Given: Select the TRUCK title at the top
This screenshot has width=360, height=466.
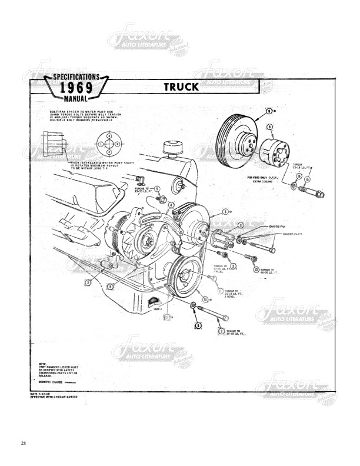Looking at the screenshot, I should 182,87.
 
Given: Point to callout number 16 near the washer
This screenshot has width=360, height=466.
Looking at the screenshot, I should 299,176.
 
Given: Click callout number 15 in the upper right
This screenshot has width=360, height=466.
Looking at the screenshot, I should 306,178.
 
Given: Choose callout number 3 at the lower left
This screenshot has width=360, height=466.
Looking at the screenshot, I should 87,282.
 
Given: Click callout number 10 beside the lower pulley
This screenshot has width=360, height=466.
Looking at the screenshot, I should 204,299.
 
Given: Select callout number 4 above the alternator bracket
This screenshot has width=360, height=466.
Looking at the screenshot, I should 171,205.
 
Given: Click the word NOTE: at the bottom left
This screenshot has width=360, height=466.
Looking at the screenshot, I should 42,364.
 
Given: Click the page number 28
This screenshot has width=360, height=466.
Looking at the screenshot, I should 23,442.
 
